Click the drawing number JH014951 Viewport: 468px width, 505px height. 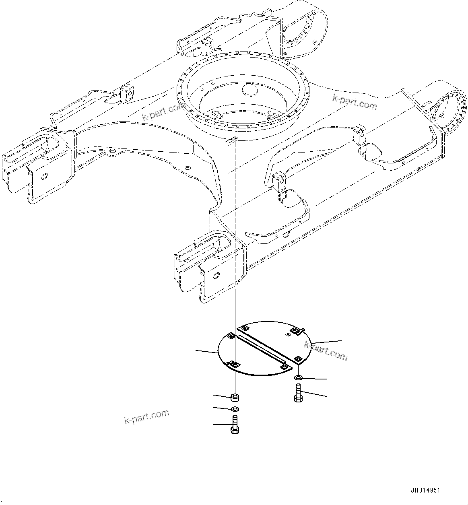pyautogui.click(x=425, y=491)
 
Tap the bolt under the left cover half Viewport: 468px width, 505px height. pyautogui.click(x=235, y=425)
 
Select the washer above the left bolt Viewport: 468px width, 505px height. pyautogui.click(x=235, y=409)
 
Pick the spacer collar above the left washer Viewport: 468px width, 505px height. pyautogui.click(x=235, y=398)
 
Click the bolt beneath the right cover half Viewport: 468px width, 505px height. pyautogui.click(x=298, y=392)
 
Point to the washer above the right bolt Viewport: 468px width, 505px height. pyautogui.click(x=298, y=378)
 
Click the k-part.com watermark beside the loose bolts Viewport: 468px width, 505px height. pyautogui.click(x=146, y=416)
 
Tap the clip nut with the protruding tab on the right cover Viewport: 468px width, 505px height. pyautogui.click(x=296, y=330)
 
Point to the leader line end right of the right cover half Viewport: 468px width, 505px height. pyautogui.click(x=342, y=340)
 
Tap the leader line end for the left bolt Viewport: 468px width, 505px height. pyautogui.click(x=214, y=424)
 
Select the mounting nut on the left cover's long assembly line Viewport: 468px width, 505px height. pyautogui.click(x=234, y=365)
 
